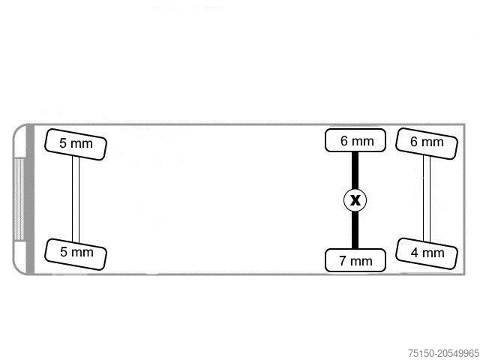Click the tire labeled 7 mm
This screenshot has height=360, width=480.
[x=355, y=260]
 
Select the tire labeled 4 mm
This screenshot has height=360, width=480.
[x=427, y=253]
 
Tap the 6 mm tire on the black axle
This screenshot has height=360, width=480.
[x=355, y=140]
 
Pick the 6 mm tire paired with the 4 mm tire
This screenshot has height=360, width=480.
[x=427, y=143]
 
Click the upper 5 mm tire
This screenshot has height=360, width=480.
[x=76, y=144]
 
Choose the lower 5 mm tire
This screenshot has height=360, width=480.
[x=76, y=254]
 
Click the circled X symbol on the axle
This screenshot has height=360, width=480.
[x=355, y=200]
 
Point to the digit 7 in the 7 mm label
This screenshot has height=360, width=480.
[x=343, y=261]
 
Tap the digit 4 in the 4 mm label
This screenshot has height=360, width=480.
[x=415, y=253]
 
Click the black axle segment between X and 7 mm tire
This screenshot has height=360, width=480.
[x=355, y=230]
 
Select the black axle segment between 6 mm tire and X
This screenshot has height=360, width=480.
[x=355, y=170]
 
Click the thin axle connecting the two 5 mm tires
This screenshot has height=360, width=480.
[x=76, y=199]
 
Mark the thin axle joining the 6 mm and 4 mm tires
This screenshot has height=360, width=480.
[x=427, y=199]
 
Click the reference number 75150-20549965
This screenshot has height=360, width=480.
[x=443, y=353]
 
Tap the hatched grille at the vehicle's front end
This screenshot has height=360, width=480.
[x=19, y=199]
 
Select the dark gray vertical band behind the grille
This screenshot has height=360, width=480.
[x=30, y=199]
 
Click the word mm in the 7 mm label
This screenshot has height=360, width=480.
[x=361, y=262]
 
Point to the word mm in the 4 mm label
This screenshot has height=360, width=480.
[x=433, y=253]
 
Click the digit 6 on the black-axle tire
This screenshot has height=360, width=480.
[x=344, y=141]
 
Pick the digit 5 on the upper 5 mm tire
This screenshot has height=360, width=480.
[x=63, y=143]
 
